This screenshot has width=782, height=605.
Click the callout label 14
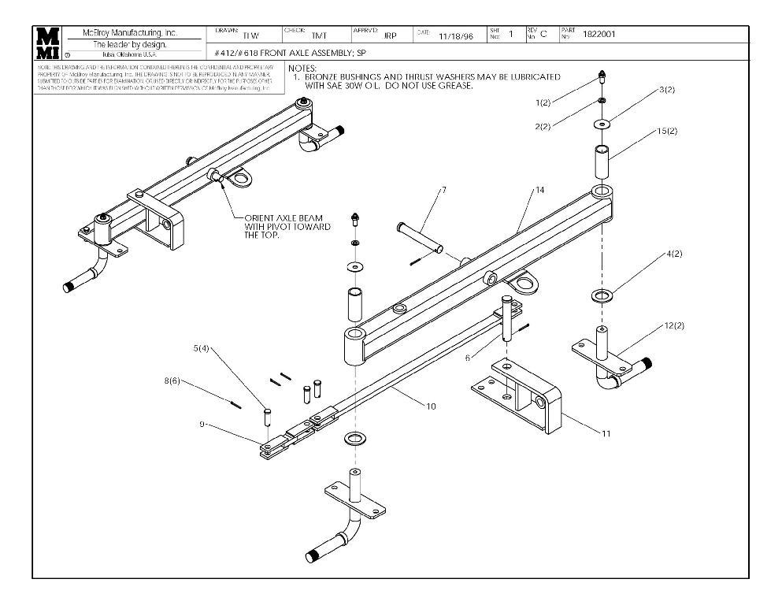(x=539, y=190)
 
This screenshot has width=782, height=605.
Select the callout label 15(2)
(x=666, y=131)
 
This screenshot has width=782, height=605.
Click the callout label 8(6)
(x=172, y=381)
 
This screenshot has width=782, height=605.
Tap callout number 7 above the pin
(x=444, y=190)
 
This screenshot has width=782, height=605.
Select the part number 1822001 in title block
(x=600, y=35)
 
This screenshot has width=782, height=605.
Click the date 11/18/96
(x=454, y=36)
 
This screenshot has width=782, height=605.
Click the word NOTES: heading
(x=303, y=69)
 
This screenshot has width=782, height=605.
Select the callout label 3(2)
(x=666, y=91)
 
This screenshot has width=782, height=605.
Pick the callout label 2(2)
(x=542, y=127)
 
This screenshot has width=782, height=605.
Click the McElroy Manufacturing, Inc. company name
(x=130, y=33)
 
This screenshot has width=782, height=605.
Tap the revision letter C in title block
(x=543, y=35)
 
